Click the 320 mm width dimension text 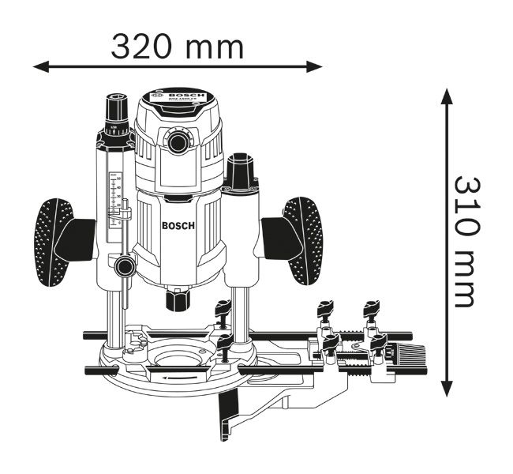177,47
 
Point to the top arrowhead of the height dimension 447,97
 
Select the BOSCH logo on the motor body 178,225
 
